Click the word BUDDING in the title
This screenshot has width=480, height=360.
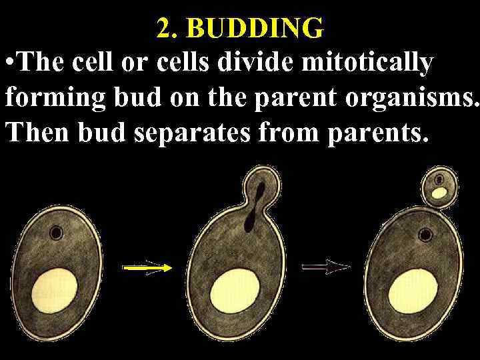256,29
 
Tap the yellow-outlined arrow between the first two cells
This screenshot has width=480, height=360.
147,268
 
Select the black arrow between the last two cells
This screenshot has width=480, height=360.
326,267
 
